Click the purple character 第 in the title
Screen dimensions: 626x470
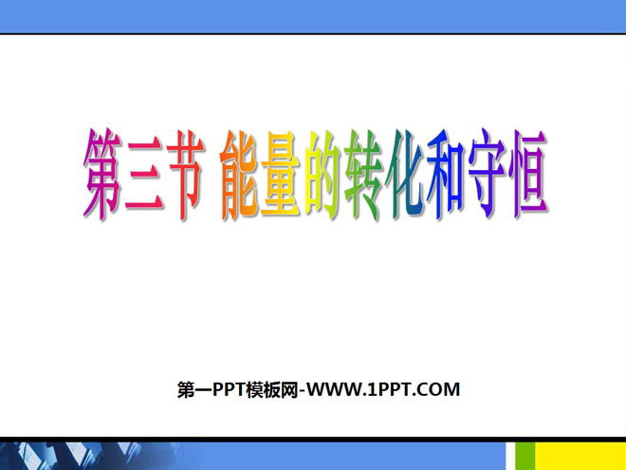pos(102,174)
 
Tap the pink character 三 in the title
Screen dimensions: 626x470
pos(144,175)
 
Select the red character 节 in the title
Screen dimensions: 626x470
pos(185,175)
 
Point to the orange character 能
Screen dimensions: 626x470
pos(240,175)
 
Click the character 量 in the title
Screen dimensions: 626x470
pos(281,175)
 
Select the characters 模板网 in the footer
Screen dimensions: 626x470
pos(272,389)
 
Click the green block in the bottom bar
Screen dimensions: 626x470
pos(525,456)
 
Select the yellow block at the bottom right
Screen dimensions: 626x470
pos(580,456)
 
